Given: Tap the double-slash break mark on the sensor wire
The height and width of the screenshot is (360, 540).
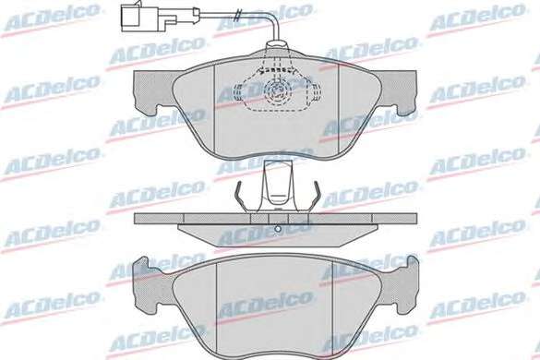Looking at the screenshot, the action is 237,15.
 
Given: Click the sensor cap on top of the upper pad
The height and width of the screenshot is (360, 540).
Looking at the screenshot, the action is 276,46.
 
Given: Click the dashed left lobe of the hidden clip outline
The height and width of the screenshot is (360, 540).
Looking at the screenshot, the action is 238,93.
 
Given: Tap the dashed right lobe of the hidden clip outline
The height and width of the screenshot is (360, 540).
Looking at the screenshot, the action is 315,93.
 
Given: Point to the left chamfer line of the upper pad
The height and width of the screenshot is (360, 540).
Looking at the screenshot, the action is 214,109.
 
